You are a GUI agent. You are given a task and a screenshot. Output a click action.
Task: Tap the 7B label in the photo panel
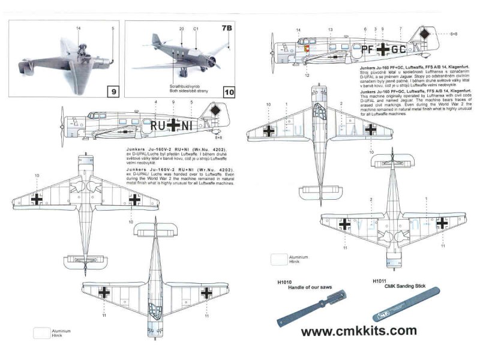(x=226, y=28)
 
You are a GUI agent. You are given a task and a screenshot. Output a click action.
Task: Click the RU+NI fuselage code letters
(x=173, y=125)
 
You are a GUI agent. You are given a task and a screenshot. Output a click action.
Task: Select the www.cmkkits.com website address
(x=358, y=331)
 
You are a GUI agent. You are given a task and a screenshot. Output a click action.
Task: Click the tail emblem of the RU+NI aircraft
(x=215, y=111)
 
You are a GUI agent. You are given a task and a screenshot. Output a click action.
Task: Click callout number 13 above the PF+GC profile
(x=330, y=29)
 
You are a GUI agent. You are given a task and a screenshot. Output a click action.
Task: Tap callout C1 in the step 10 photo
(x=196, y=29)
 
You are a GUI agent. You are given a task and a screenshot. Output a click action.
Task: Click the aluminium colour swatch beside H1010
(x=279, y=259)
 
